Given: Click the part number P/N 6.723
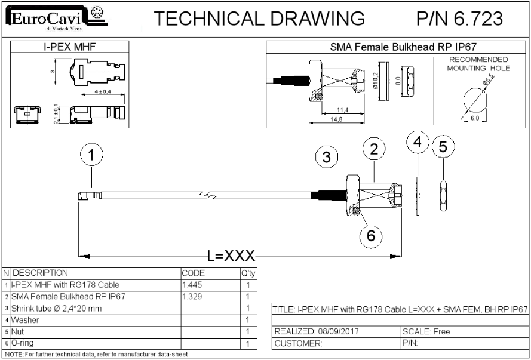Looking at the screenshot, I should [459, 19].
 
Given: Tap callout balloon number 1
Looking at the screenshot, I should [91, 156].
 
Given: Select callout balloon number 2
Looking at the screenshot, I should [374, 150].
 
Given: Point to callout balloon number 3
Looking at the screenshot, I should [326, 158].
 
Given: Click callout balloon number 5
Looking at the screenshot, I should [443, 146].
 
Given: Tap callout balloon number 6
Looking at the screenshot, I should [370, 235].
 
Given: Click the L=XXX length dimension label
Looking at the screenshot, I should [232, 257].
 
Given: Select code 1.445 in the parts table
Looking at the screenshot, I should [192, 284].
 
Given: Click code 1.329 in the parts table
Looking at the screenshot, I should [192, 296].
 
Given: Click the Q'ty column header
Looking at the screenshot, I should [247, 273].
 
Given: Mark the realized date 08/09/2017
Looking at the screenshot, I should [317, 331].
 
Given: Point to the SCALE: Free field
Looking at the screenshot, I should [427, 331].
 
